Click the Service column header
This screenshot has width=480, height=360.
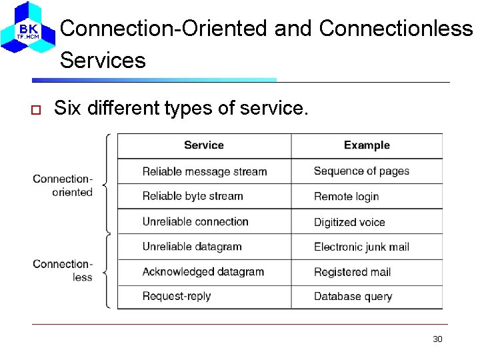point(204,145)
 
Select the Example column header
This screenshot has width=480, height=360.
point(367,145)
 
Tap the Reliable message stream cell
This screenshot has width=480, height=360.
point(205,171)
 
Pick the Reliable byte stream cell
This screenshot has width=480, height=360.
point(193,196)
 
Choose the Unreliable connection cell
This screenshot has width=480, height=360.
point(195,221)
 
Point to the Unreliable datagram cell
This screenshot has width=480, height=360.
point(192,247)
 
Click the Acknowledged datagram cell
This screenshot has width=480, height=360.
point(203,271)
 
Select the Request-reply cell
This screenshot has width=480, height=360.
point(177,296)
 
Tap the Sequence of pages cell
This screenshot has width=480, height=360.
point(361,171)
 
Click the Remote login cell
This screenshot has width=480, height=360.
point(347,197)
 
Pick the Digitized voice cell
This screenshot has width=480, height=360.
point(349,222)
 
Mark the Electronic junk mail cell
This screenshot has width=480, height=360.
point(361,247)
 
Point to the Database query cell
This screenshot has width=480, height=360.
point(353,297)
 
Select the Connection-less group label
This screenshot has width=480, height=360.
point(63,270)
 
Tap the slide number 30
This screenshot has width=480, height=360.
point(437,339)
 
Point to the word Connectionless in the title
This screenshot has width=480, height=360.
point(396,29)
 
